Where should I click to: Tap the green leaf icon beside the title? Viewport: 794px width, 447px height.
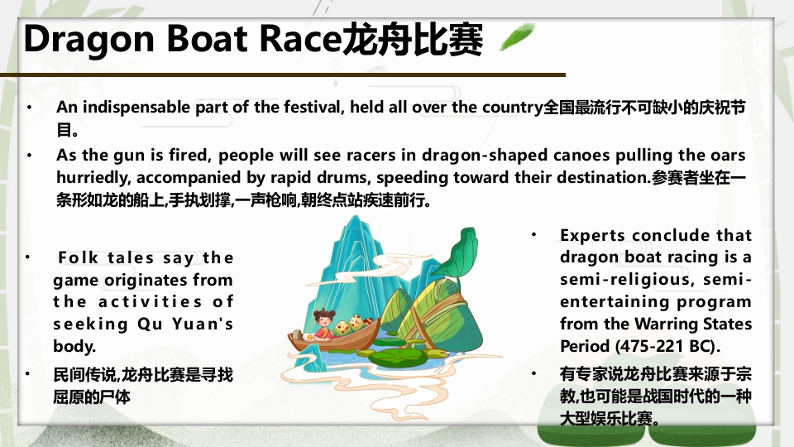click(x=517, y=38)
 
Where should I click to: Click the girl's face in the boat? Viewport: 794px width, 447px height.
click(x=322, y=320)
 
